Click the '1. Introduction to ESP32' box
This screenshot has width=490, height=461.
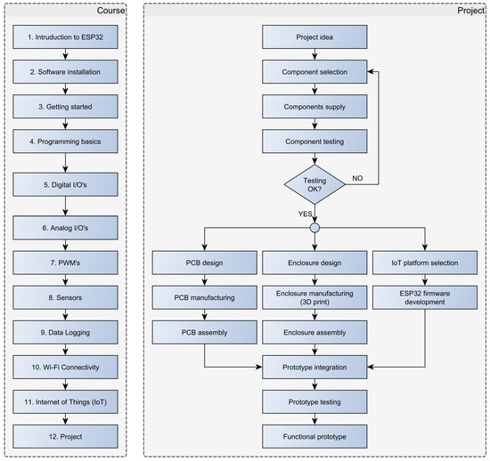click(64, 37)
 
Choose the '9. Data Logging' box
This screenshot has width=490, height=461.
click(64, 330)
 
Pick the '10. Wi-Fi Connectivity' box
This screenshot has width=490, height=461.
click(64, 365)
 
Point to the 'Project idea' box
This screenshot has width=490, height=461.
click(314, 37)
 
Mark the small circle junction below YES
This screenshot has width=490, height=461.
click(314, 229)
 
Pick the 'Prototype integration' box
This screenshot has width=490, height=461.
click(314, 366)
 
